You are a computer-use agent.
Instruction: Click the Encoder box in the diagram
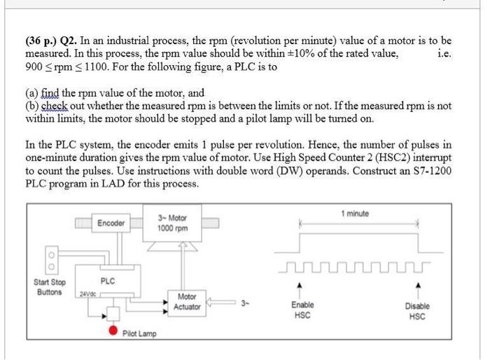click(111, 223)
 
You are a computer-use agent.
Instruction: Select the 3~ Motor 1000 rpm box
click(171, 223)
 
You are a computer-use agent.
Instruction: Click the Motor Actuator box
click(186, 302)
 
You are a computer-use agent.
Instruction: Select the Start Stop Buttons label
click(50, 287)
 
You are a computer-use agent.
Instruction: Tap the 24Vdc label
click(87, 293)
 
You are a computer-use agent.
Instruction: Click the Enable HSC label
click(302, 311)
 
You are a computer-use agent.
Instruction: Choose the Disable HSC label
click(417, 311)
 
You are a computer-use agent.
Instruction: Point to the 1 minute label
click(355, 214)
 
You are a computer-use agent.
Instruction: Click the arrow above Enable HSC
click(302, 290)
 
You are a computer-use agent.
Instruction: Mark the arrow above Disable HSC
click(417, 290)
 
